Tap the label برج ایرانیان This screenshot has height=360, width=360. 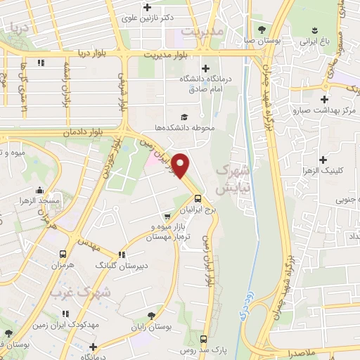pos(198,211)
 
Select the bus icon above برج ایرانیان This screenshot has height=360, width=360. pos(198,198)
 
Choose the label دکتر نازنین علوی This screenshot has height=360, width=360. pos(147,20)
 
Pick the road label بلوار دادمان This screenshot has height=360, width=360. pos(67,131)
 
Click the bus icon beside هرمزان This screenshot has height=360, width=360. pos(63,254)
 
